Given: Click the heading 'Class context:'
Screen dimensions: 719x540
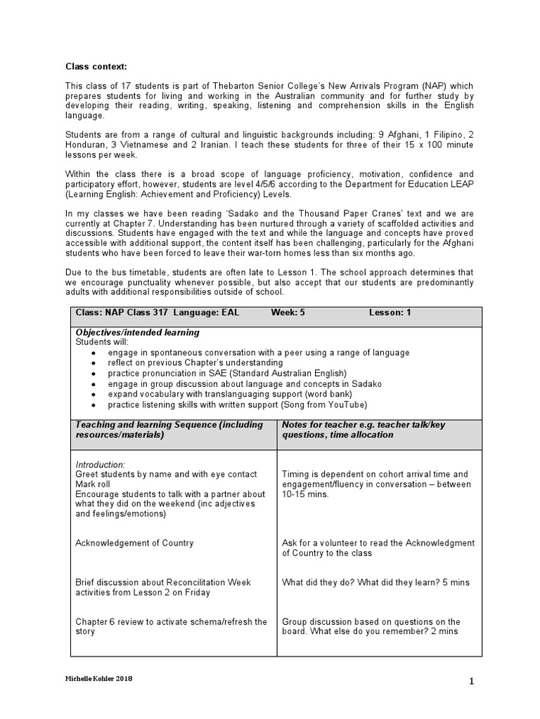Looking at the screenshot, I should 96,67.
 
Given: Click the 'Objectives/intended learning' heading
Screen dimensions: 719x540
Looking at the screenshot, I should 137,332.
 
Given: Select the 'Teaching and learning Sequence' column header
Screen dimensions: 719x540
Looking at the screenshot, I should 169,425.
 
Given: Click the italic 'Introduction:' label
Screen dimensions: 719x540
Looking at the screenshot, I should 100,464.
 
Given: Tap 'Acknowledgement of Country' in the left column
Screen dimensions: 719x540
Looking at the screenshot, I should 134,543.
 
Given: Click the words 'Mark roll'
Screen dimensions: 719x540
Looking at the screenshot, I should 94,484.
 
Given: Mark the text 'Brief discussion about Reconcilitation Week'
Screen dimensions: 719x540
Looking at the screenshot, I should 162,582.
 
